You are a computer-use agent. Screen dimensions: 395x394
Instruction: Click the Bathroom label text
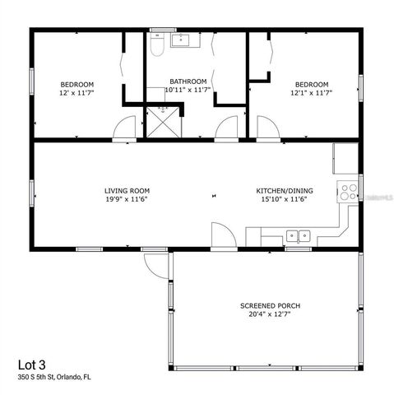click(186, 81)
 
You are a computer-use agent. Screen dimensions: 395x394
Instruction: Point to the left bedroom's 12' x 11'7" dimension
click(77, 93)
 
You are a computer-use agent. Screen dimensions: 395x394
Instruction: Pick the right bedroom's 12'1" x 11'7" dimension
click(312, 93)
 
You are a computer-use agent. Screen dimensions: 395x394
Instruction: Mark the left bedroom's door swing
click(124, 128)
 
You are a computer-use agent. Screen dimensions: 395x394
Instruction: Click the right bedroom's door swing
click(267, 128)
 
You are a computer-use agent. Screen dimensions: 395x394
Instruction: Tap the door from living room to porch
click(223, 235)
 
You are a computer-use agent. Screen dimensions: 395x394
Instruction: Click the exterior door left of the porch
click(154, 263)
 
